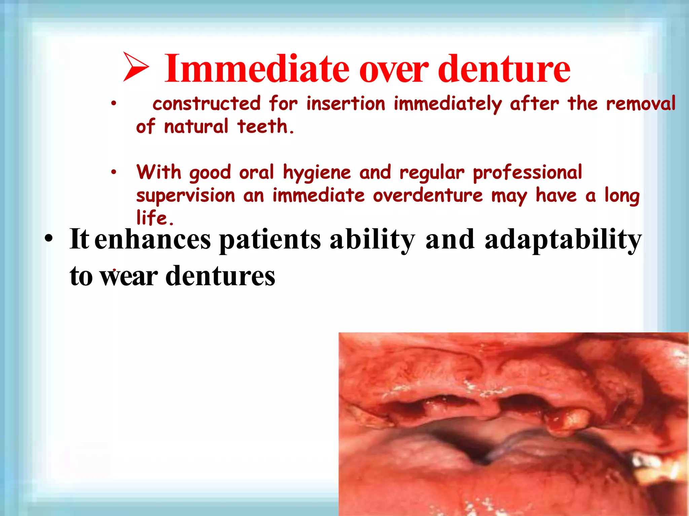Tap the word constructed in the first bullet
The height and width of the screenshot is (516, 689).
coord(207,103)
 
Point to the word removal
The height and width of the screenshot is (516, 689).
coord(641,103)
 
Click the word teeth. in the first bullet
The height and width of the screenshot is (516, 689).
coord(265,127)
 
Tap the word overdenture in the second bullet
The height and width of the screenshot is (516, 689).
coord(428,196)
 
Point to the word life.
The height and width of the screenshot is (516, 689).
coord(155,218)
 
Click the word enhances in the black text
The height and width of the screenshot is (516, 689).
coord(152,240)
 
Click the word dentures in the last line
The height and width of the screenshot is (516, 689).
coord(220,276)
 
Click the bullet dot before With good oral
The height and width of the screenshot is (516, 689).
coord(114,172)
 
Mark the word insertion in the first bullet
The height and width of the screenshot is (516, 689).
coord(346,103)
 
